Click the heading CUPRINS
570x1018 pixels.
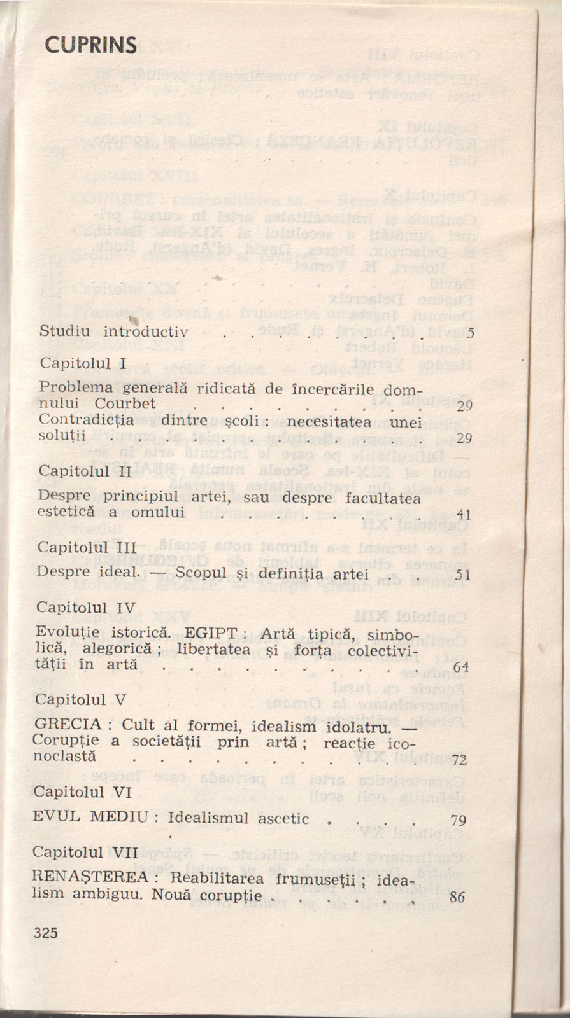coord(91,45)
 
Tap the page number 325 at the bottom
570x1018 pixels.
coord(46,933)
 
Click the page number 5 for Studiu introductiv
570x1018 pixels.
coord(470,332)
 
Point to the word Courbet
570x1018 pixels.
coord(125,403)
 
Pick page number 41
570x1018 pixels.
coord(464,515)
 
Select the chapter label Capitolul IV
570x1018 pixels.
coord(86,607)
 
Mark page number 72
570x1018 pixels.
coord(459,760)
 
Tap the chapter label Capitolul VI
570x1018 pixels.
coord(82,791)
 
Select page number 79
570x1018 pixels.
coord(459,820)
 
